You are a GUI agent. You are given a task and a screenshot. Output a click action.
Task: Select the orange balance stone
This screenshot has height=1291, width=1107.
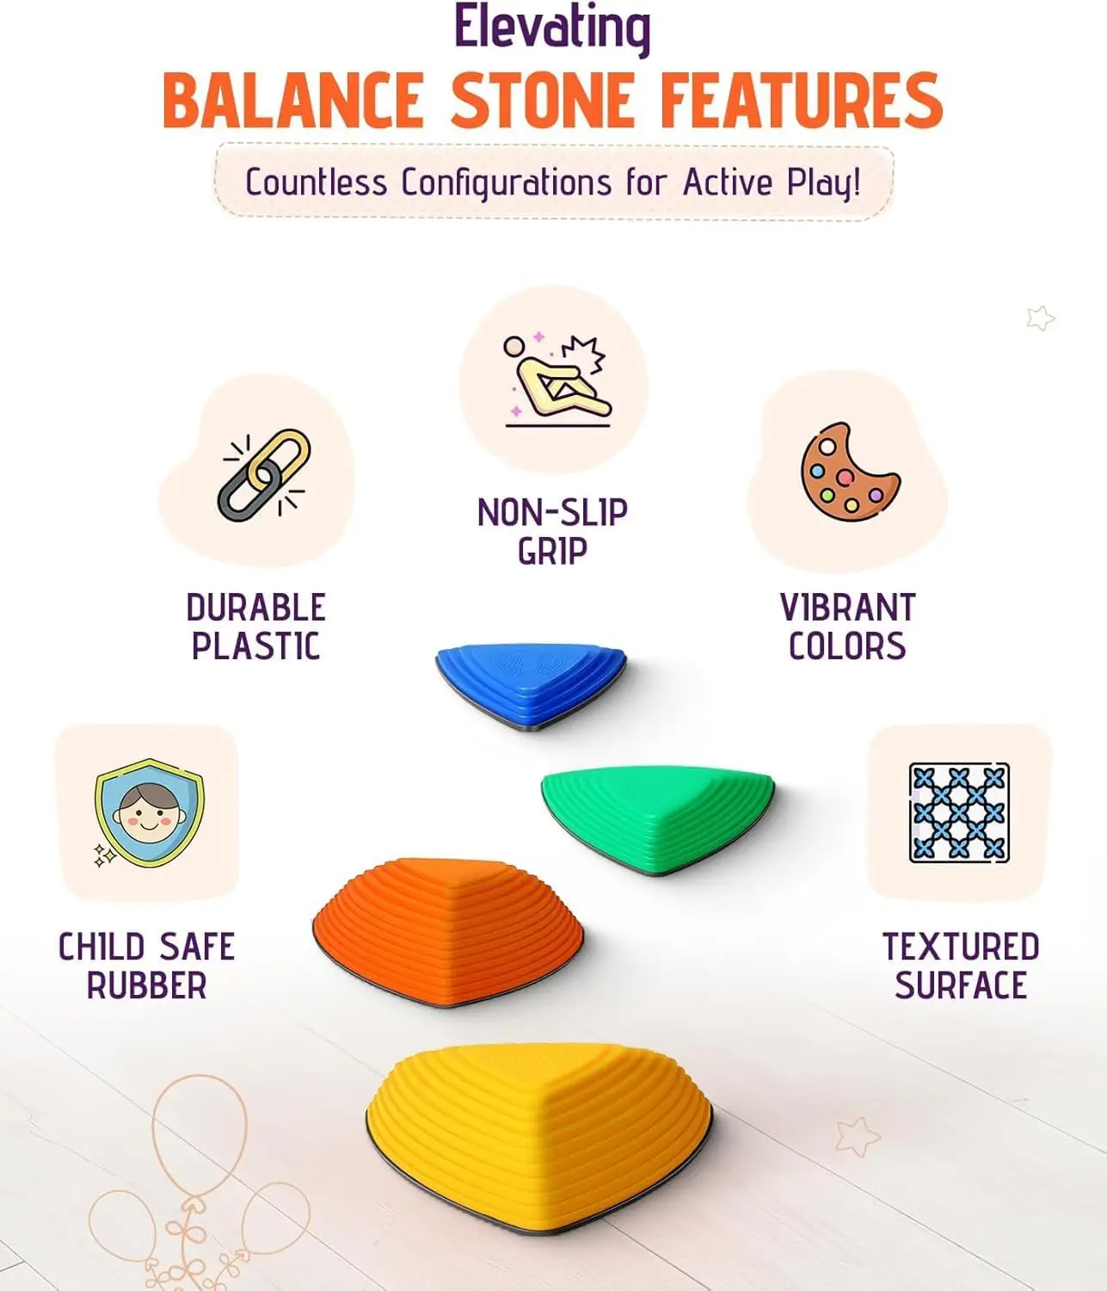tap(447, 930)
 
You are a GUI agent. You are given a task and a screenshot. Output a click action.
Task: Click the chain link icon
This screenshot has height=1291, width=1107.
tap(264, 475)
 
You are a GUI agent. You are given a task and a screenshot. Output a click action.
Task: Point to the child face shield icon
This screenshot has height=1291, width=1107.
tap(148, 812)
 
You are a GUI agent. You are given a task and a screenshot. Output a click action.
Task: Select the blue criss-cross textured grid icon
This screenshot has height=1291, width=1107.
tap(959, 812)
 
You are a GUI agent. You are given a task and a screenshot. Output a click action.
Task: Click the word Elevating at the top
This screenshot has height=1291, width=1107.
tap(551, 28)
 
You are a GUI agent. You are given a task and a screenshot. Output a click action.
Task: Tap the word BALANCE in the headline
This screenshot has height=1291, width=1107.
tap(292, 101)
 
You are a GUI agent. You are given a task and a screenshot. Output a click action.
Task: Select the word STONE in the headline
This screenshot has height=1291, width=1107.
tap(544, 101)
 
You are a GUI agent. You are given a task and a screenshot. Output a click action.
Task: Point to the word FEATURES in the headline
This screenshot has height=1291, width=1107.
tap(802, 101)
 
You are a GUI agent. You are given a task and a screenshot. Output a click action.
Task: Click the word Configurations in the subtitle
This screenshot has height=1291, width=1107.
tap(507, 183)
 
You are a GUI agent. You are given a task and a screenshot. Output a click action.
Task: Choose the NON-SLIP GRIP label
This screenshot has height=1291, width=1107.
tap(552, 531)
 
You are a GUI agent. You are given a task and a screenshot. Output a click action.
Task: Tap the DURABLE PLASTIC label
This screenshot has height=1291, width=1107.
tap(255, 627)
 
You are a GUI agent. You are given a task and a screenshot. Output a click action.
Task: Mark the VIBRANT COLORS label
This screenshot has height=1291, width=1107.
tap(847, 627)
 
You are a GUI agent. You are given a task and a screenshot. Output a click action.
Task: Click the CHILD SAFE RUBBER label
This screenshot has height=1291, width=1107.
tap(146, 966)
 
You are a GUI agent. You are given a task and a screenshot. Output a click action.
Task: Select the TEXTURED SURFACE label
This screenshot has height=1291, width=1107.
tap(961, 966)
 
